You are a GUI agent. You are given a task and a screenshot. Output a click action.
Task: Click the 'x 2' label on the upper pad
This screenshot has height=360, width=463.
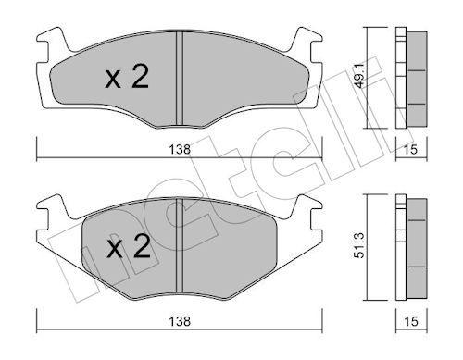tap(127, 76)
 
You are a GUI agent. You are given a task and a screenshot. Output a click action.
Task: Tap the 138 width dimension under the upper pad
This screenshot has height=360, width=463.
tap(180, 150)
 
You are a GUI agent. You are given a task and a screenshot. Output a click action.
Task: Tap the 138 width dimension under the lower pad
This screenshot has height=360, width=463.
tap(180, 321)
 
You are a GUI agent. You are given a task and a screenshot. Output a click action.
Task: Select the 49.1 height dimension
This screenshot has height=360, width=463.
tap(360, 77)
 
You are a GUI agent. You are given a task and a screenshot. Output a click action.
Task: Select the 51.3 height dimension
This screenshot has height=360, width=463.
tap(360, 245)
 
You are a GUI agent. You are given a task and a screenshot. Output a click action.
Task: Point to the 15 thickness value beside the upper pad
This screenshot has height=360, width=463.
tap(411, 150)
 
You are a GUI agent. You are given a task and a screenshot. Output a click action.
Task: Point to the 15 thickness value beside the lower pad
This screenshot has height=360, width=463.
tap(411, 321)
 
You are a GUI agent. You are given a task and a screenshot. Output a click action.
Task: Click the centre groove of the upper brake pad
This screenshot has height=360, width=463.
tap(180, 79)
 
